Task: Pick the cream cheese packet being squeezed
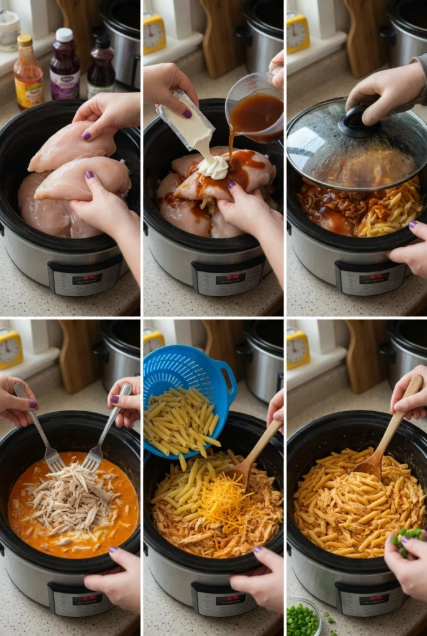pyautogui.click(x=186, y=121)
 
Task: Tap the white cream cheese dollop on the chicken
pyautogui.click(x=214, y=166)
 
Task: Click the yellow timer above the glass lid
pyautogui.click(x=298, y=32)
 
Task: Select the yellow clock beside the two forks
pyautogui.click(x=10, y=349)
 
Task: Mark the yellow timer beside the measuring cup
pyautogui.click(x=155, y=32)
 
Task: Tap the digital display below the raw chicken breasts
pyautogui.click(x=88, y=279)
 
